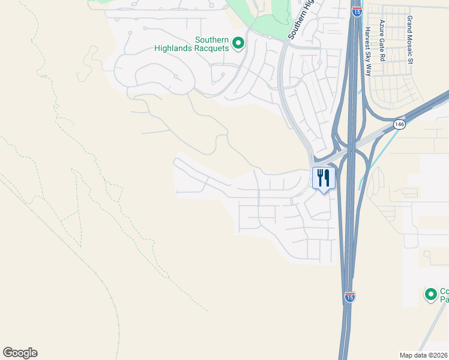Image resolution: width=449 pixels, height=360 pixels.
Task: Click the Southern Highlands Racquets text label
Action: (212, 44)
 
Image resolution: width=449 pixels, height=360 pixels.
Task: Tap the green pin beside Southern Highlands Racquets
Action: (238, 43)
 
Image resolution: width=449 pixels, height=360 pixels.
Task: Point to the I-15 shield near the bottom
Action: (350, 296)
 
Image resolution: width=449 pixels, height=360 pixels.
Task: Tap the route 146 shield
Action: (399, 124)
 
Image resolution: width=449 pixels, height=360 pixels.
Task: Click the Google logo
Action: (20, 353)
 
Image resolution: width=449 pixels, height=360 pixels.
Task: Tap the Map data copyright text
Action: (423, 355)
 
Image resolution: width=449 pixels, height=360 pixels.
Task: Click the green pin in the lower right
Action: (430, 295)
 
